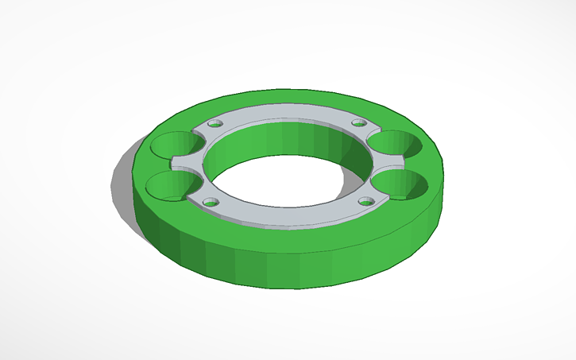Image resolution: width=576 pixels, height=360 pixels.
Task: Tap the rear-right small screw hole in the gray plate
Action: tap(359, 122)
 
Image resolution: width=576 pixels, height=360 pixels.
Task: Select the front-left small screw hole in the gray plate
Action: tap(211, 202)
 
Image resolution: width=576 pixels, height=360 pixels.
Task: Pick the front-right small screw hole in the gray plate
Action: tap(365, 201)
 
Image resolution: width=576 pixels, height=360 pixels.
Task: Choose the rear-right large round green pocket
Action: tap(395, 145)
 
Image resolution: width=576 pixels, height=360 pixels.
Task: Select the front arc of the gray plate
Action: tap(286, 217)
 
